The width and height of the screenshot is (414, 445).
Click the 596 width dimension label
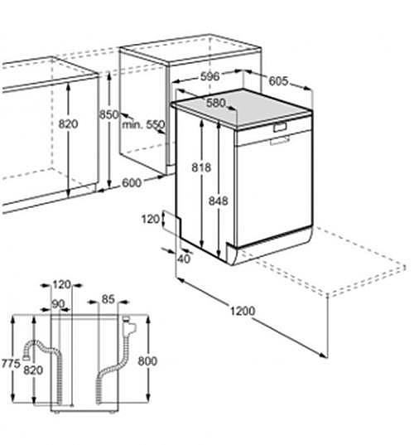209,76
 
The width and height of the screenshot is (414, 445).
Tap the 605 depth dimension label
278,81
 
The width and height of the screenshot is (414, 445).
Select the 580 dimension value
216,103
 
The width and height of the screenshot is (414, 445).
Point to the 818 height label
201,167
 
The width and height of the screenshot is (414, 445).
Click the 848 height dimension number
219,201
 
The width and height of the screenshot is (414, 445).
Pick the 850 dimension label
109,114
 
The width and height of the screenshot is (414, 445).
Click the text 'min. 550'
143,124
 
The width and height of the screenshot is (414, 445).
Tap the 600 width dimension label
132,183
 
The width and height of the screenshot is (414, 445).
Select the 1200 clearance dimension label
243,311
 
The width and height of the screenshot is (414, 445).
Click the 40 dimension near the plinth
185,259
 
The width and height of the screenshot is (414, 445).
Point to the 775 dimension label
11,364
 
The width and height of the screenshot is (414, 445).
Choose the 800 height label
147,361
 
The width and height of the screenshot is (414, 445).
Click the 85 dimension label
108,299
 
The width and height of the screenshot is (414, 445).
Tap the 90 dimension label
58,304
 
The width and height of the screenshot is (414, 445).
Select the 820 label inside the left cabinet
68,124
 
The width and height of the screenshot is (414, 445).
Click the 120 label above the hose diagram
61,284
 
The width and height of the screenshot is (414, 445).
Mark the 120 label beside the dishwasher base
151,219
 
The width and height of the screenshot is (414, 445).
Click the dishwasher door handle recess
280,127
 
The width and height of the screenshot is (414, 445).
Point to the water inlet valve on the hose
128,326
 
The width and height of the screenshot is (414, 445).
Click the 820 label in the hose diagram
33,370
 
